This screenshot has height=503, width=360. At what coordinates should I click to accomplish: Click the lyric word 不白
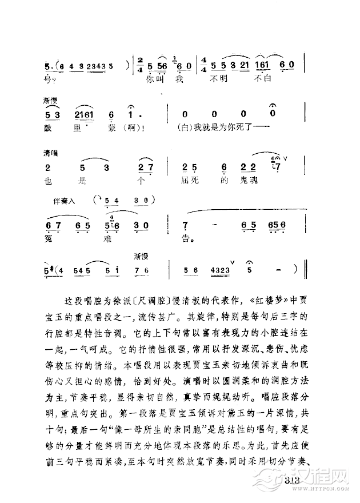[x=260, y=78]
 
